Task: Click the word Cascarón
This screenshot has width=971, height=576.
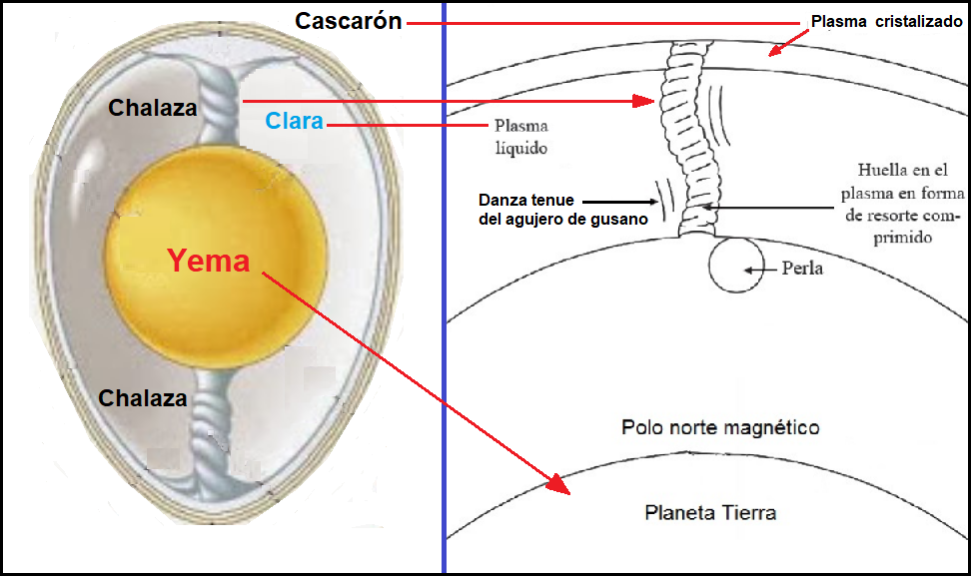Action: [348, 21]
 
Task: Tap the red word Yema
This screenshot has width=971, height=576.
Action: [208, 261]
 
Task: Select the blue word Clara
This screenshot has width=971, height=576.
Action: [294, 121]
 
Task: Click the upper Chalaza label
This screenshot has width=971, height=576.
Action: [153, 107]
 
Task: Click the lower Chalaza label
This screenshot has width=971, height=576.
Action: [143, 398]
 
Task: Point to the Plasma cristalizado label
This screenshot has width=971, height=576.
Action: [886, 20]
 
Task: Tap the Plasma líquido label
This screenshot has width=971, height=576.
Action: [520, 137]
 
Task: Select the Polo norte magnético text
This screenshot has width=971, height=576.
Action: [720, 427]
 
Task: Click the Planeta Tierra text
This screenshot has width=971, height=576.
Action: [710, 513]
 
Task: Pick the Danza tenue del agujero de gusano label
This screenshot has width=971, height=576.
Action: [537, 210]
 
